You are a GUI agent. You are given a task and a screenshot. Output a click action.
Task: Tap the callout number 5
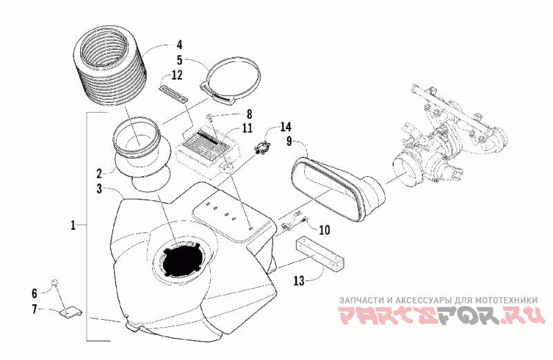coord(179,59)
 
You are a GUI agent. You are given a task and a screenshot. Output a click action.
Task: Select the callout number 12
coord(177,75)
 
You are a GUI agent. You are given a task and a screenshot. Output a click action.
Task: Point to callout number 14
coord(285,127)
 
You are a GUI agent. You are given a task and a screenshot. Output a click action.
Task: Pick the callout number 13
coord(299,281)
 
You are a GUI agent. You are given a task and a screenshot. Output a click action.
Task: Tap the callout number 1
coord(73,225)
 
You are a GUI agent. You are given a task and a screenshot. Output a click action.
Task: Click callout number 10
coord(324,229)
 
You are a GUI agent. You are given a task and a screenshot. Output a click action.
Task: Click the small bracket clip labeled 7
coord(68,312)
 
